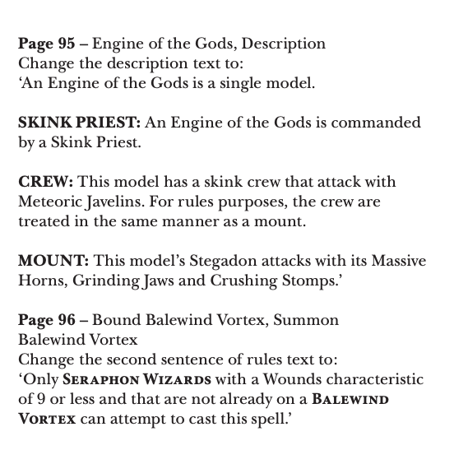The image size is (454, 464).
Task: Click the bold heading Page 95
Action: click(47, 44)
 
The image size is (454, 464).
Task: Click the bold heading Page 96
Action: click(47, 320)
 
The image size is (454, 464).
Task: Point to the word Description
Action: click(284, 44)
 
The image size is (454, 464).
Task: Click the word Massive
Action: click(396, 261)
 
